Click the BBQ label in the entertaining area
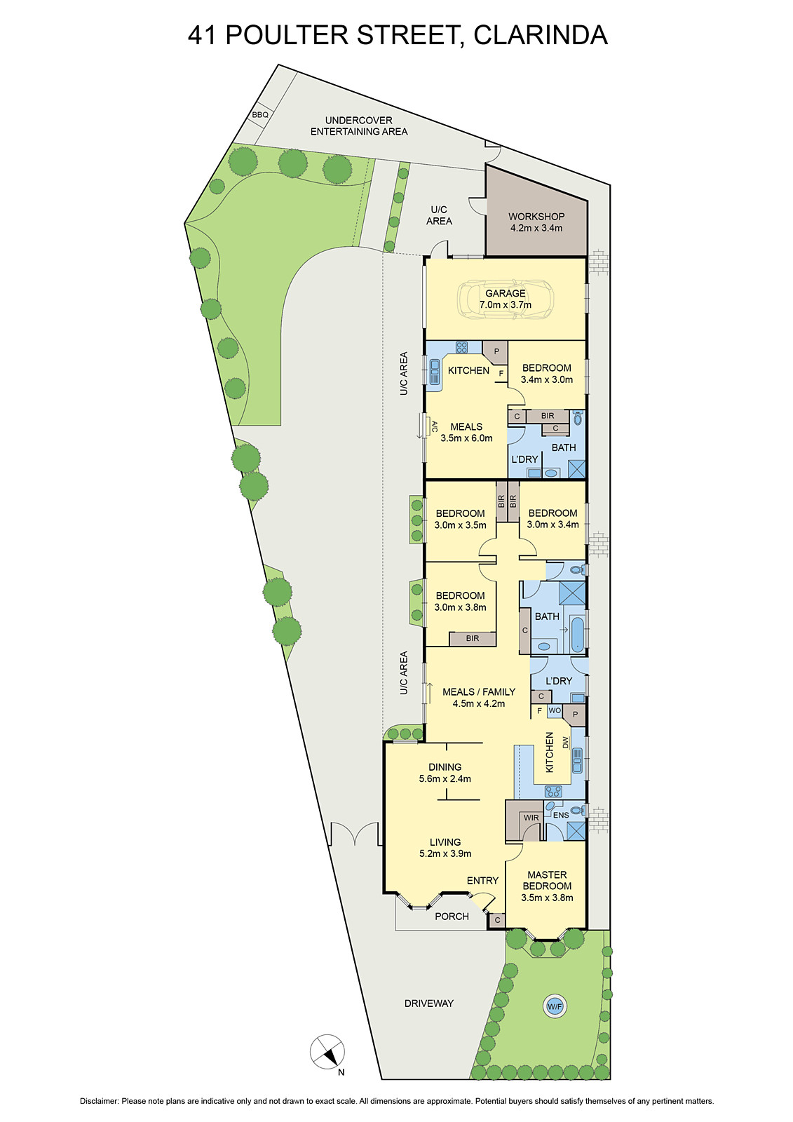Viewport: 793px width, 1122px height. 260,115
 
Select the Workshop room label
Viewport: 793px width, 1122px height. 536,217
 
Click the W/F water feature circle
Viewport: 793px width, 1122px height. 555,1007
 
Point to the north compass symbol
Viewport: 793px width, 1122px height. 327,1052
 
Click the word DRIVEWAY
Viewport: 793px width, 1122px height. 428,1003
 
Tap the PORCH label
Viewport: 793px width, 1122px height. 452,917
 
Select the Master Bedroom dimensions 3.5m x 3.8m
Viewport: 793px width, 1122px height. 547,898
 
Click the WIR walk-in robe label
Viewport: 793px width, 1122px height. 531,818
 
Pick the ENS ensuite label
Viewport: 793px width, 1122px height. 561,816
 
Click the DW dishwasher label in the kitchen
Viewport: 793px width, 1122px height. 565,743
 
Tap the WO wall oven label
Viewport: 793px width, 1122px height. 555,710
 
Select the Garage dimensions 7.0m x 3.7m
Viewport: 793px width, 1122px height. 506,305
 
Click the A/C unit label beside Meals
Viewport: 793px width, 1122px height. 435,426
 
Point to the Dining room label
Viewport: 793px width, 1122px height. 445,767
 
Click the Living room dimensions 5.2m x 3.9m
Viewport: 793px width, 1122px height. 445,853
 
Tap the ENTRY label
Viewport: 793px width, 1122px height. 482,881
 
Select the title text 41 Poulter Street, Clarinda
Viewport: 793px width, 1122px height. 397,35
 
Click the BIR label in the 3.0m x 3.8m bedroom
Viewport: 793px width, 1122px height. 473,638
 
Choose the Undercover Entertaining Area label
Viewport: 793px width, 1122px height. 359,126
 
